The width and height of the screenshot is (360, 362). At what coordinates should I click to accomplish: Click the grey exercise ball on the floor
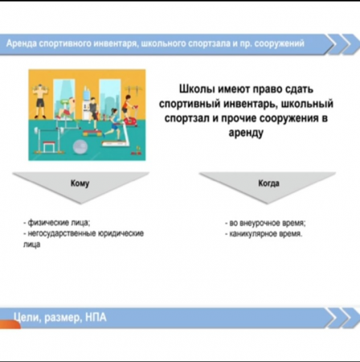(x=80, y=147)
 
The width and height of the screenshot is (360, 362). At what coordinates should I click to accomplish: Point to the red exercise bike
(x=131, y=116)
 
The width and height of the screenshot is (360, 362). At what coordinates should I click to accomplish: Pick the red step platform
(x=92, y=133)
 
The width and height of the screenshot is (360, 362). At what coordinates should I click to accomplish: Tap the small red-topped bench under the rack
(x=48, y=148)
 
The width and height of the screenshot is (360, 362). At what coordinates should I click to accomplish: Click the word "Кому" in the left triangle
(x=80, y=183)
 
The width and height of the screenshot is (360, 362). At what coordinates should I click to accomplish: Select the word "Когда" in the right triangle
(x=268, y=183)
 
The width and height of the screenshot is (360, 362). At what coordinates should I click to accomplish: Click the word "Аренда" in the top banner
(x=21, y=43)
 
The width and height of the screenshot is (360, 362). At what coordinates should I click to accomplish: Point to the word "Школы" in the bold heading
(x=197, y=89)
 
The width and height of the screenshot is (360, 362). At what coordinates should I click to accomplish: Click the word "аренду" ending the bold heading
(x=246, y=133)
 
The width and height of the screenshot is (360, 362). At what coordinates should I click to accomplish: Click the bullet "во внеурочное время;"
(x=265, y=223)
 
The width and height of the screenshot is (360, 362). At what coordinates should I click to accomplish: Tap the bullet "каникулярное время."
(x=264, y=234)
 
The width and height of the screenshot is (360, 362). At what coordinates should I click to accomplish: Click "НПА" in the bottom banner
(x=96, y=318)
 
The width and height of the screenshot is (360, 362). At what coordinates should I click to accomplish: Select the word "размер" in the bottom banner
(x=62, y=318)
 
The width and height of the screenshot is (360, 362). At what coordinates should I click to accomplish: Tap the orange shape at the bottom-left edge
(x=10, y=324)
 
